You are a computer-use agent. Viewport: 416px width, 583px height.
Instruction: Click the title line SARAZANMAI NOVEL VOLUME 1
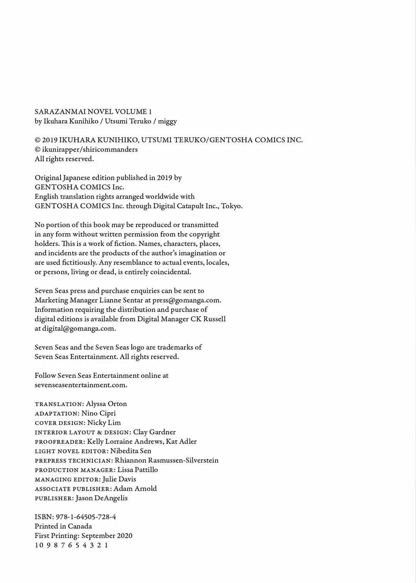pyautogui.click(x=93, y=112)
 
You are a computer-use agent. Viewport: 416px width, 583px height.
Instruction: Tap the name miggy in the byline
pyautogui.click(x=167, y=122)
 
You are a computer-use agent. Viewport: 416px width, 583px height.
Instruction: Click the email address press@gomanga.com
pyautogui.click(x=186, y=300)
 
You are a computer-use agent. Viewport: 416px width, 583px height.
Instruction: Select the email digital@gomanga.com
pyautogui.click(x=79, y=328)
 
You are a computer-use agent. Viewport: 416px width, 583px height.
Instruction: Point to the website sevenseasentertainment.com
pyautogui.click(x=81, y=385)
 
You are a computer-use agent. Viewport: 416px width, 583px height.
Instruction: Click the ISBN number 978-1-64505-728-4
pyautogui.click(x=86, y=517)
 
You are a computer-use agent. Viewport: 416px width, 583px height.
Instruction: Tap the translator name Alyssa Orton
pyautogui.click(x=106, y=404)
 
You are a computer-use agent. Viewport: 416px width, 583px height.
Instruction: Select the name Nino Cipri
pyautogui.click(x=99, y=413)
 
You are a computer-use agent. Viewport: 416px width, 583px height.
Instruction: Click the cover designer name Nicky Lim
pyautogui.click(x=104, y=423)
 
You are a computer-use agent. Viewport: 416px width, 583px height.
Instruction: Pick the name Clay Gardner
pyautogui.click(x=154, y=432)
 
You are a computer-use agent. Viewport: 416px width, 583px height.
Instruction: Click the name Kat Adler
pyautogui.click(x=181, y=441)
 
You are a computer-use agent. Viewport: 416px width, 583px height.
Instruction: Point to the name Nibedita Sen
pyautogui.click(x=131, y=451)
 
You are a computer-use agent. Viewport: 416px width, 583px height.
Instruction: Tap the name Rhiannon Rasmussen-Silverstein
pyautogui.click(x=166, y=460)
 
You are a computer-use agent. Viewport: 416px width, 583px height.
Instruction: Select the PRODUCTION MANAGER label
pyautogui.click(x=75, y=470)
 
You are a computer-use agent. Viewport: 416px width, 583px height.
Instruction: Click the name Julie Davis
pyautogui.click(x=119, y=479)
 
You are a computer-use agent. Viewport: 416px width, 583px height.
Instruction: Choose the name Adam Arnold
pyautogui.click(x=135, y=489)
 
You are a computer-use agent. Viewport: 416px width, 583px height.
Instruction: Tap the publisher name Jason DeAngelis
pyautogui.click(x=102, y=498)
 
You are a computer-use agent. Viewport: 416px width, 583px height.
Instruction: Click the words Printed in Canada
pyautogui.click(x=63, y=526)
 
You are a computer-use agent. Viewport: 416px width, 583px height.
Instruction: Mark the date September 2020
pyautogui.click(x=107, y=536)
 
